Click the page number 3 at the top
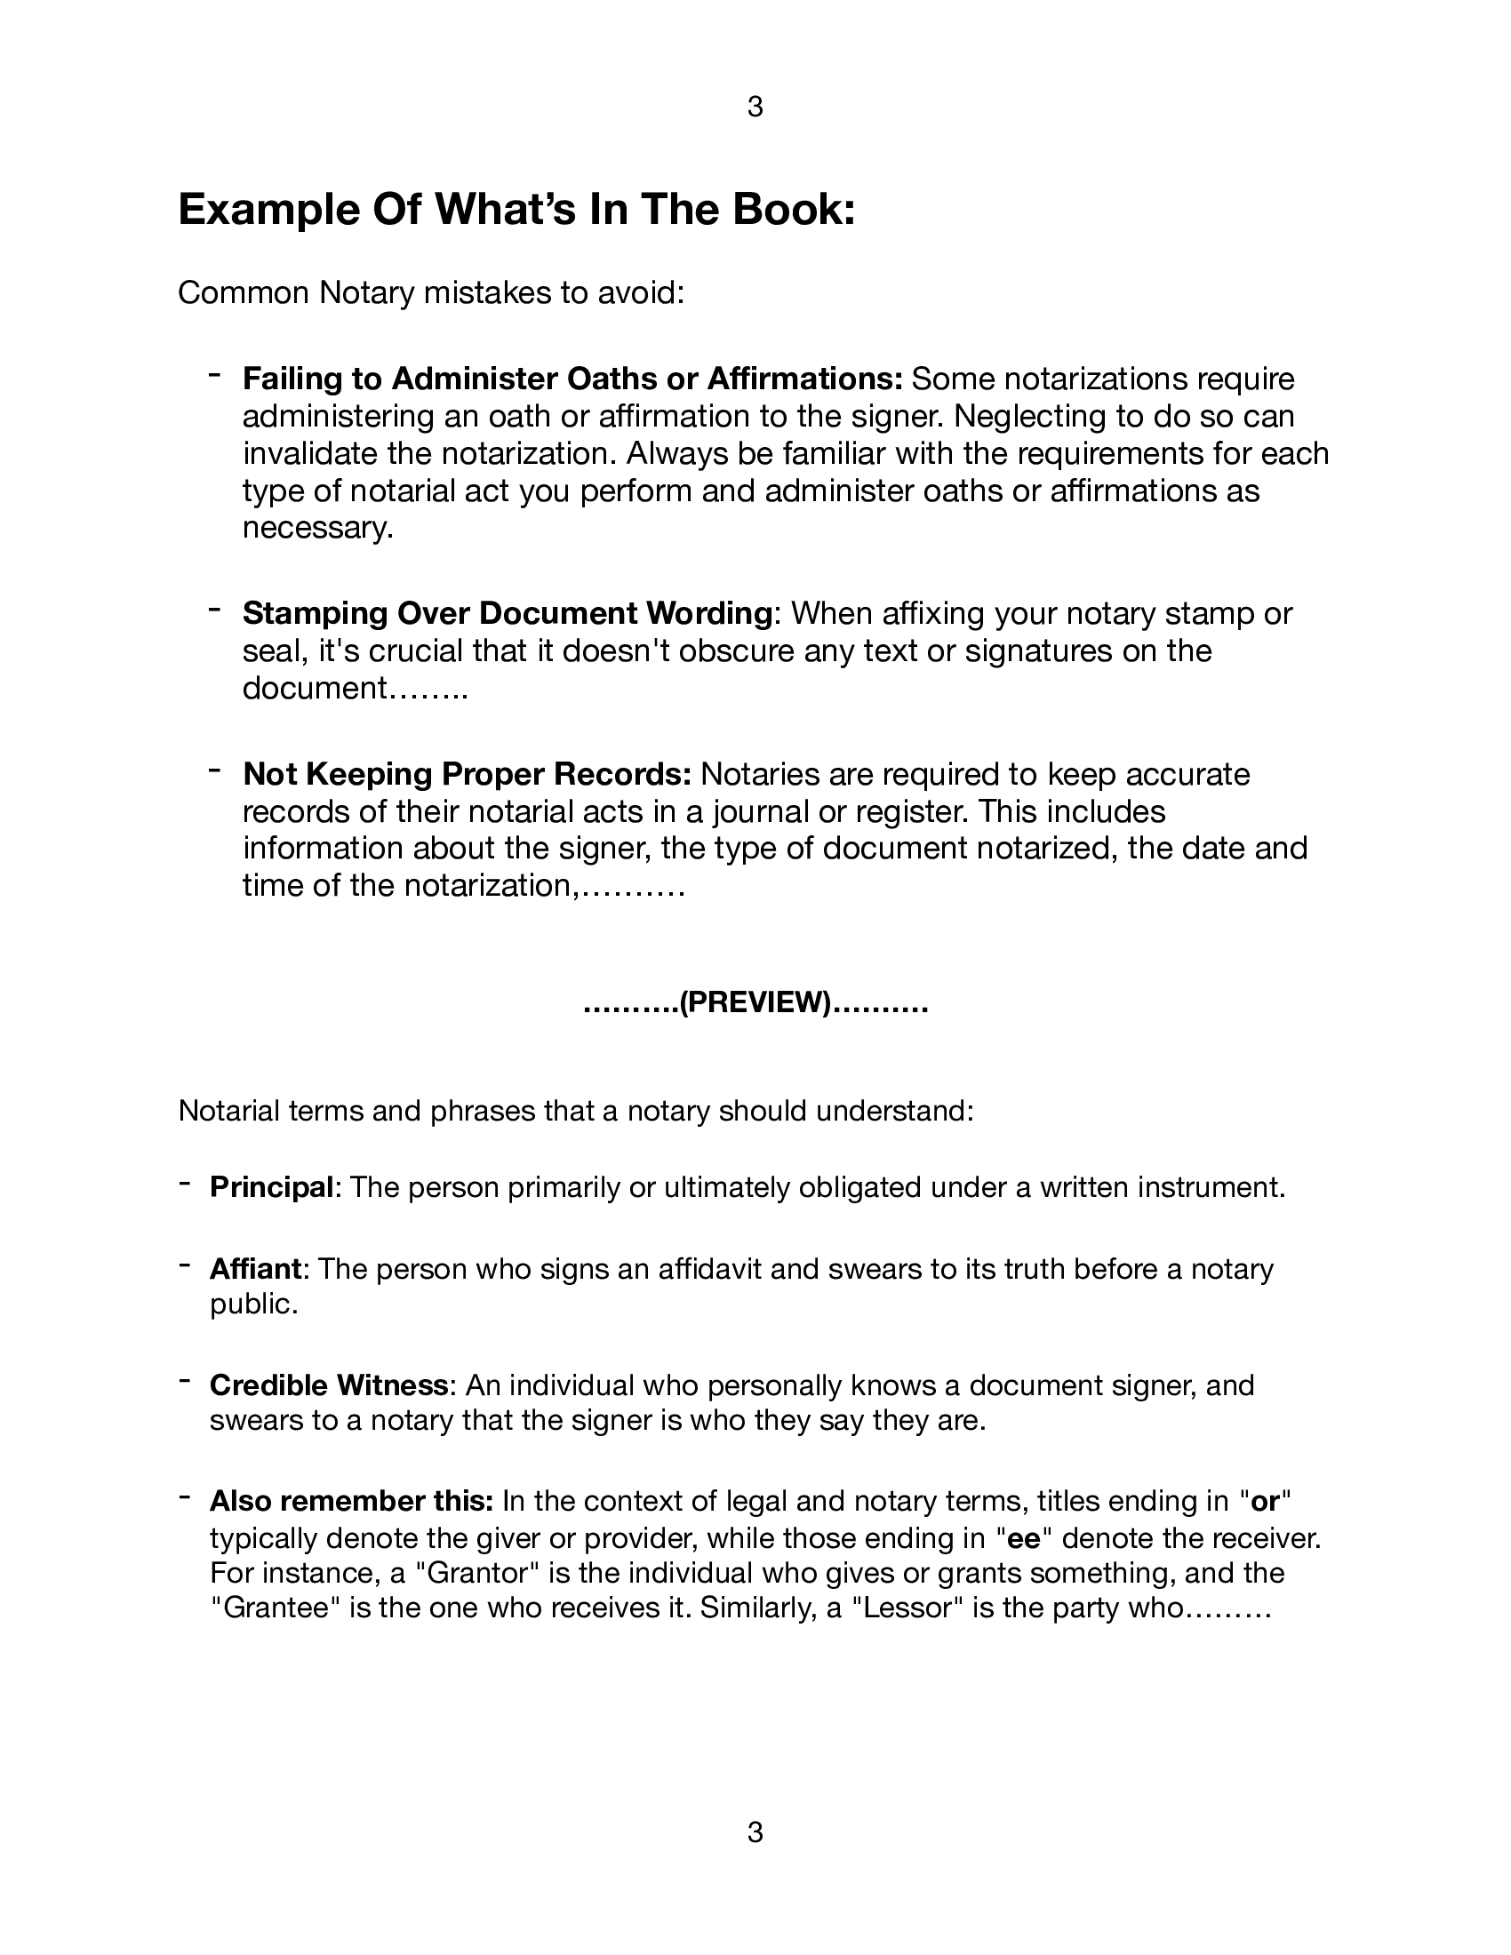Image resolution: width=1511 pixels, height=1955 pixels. click(x=755, y=108)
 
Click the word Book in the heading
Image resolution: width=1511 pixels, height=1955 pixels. click(x=792, y=211)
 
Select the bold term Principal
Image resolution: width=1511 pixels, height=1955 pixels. click(x=271, y=1188)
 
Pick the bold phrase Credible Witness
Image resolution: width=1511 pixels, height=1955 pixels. click(x=329, y=1384)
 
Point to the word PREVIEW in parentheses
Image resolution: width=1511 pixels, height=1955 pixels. click(x=755, y=1002)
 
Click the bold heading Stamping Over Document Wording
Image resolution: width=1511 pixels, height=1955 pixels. click(x=508, y=613)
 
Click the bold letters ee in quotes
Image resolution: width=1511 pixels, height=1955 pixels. click(x=1023, y=1538)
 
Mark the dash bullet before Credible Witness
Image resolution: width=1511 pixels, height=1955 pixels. click(x=183, y=1381)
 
